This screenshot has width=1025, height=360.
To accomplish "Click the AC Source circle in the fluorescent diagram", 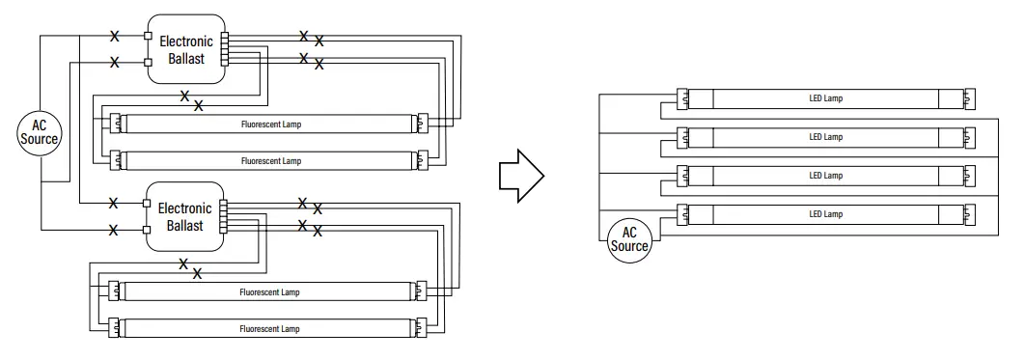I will [x=40, y=132].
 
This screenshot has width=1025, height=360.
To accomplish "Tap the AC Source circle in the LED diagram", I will [x=629, y=239].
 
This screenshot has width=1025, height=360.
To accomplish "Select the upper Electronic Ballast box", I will [x=185, y=49].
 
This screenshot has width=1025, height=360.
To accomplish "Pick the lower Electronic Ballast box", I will [x=184, y=216].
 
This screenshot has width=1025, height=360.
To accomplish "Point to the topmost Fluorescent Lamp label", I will [x=270, y=125].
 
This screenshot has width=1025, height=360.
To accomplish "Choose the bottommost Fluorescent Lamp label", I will [x=270, y=329].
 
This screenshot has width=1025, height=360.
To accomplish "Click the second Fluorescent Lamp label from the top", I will [x=270, y=160].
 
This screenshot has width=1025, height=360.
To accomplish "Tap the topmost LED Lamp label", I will [x=825, y=98].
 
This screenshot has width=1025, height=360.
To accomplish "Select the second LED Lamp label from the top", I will [x=825, y=137].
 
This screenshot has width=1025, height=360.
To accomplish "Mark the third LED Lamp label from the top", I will [x=825, y=176].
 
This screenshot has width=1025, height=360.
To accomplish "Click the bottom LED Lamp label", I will [x=825, y=213].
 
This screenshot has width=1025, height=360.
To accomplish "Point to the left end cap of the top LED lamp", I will [x=681, y=98].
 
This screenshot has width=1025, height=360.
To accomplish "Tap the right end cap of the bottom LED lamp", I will [x=969, y=213].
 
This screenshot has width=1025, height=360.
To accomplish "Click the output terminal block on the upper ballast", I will [x=225, y=49].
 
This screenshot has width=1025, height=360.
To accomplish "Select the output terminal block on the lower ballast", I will [x=224, y=216].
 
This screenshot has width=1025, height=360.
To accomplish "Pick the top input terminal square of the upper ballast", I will [x=148, y=37].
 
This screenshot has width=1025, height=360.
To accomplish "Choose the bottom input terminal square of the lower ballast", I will [x=148, y=230].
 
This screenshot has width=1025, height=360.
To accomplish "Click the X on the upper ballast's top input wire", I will [x=114, y=37].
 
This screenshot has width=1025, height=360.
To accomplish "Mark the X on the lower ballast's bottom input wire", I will [x=114, y=230].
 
